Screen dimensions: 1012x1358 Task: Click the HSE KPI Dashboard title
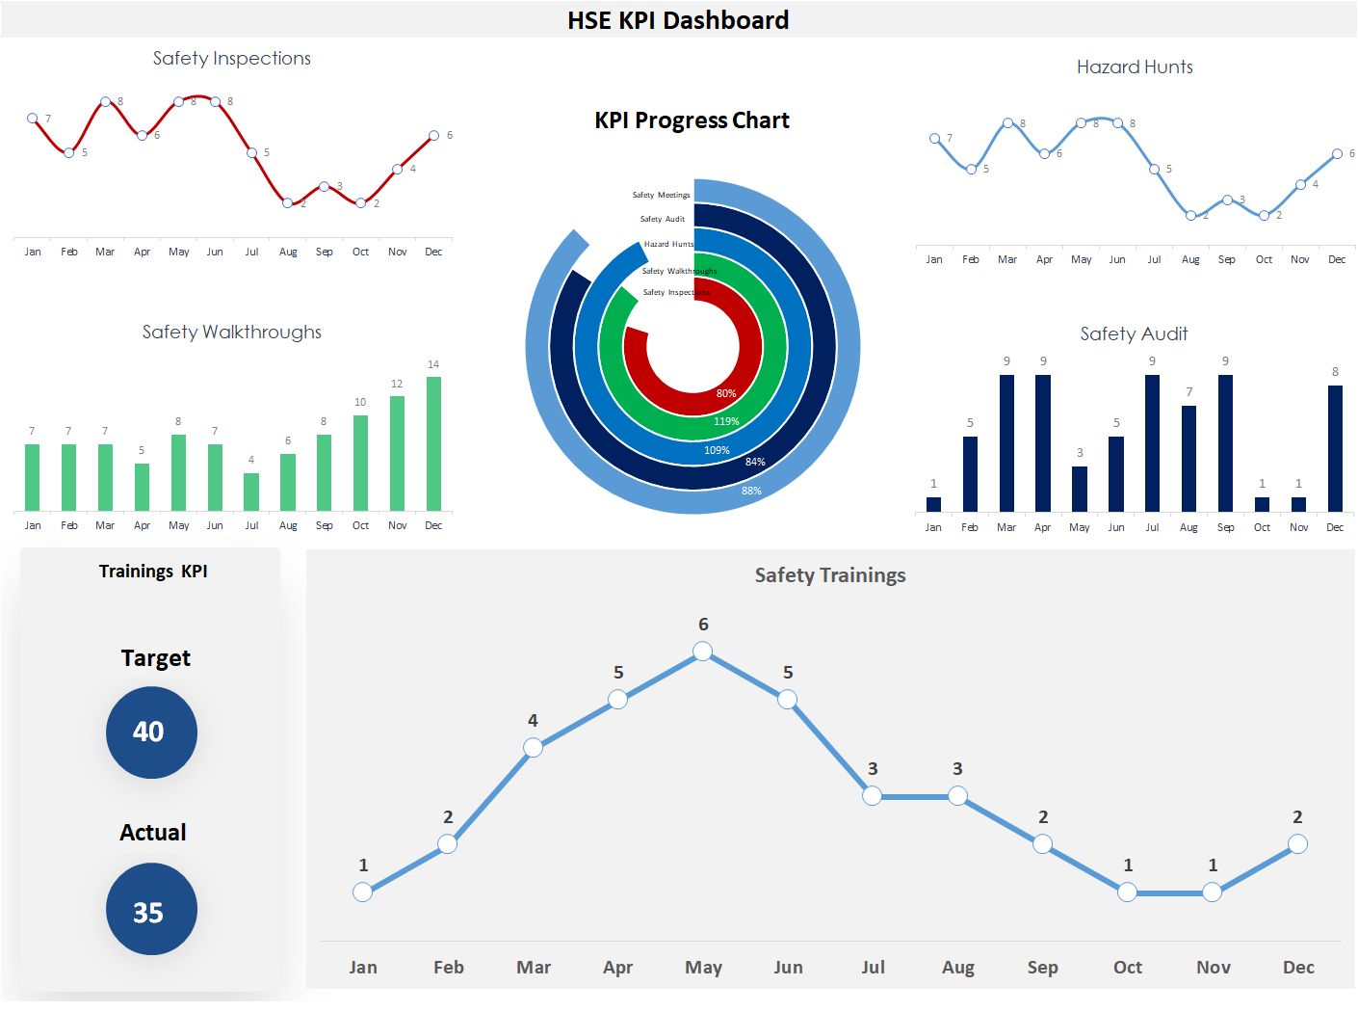[x=678, y=20]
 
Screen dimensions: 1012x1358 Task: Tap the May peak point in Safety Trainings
[x=703, y=652]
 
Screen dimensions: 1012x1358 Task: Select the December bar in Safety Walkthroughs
[x=433, y=443]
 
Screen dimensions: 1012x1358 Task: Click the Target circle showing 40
[x=151, y=732]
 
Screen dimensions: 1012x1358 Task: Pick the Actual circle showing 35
[x=151, y=909]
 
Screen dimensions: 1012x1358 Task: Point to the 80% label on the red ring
[x=726, y=393]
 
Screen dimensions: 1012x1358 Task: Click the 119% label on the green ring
[x=726, y=421]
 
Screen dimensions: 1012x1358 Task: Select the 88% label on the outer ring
[x=751, y=491]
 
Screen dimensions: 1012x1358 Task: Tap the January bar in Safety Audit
[x=933, y=504]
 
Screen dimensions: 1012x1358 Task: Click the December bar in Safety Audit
[x=1335, y=448]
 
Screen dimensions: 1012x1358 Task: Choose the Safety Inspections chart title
[x=232, y=59]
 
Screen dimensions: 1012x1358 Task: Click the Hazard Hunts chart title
[x=1135, y=67]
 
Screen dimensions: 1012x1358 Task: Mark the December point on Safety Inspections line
[x=433, y=136]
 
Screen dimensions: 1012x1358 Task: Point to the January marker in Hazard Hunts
[x=934, y=139]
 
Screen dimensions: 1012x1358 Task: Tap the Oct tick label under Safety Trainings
[x=1127, y=968]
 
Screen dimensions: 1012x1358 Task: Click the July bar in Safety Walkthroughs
[x=251, y=492]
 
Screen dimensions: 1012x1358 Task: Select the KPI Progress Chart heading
[x=692, y=120]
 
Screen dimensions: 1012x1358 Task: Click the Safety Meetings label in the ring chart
[x=661, y=195]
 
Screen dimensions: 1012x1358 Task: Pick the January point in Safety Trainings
[x=363, y=892]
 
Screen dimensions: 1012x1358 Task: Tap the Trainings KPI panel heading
[x=153, y=572]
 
